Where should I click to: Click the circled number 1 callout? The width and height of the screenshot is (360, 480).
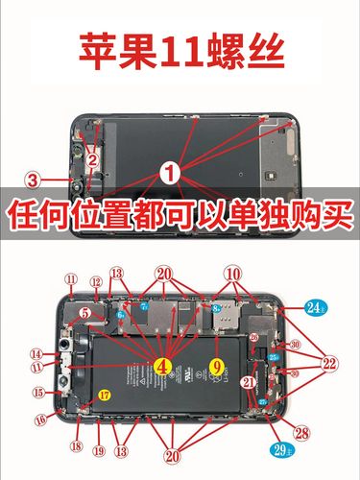pyautogui.click(x=170, y=174)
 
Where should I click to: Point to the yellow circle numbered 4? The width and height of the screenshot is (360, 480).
pyautogui.click(x=162, y=365)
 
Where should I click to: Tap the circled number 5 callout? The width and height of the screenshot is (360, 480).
pyautogui.click(x=84, y=312)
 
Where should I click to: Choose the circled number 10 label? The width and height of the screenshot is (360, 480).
pyautogui.click(x=233, y=275)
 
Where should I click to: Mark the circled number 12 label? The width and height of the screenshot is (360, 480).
pyautogui.click(x=96, y=281)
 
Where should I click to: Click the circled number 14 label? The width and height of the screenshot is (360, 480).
pyautogui.click(x=36, y=353)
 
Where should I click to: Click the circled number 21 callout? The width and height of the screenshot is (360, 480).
pyautogui.click(x=249, y=383)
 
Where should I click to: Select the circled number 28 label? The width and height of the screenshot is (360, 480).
pyautogui.click(x=302, y=434)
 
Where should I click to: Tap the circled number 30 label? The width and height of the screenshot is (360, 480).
pyautogui.click(x=295, y=345)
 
